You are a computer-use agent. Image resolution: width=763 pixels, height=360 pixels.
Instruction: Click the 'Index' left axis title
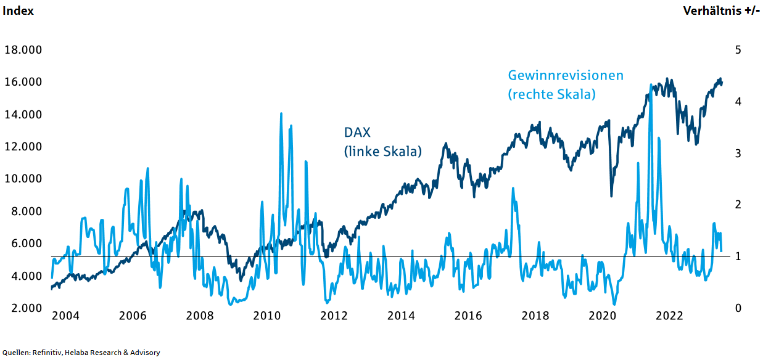pyautogui.click(x=19, y=11)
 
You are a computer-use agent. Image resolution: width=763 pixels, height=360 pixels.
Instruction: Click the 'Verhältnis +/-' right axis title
pyautogui.click(x=721, y=11)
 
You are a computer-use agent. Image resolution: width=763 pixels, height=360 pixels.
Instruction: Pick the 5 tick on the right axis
pyautogui.click(x=738, y=50)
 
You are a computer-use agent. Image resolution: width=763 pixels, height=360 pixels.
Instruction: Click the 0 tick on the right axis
pyautogui.click(x=738, y=308)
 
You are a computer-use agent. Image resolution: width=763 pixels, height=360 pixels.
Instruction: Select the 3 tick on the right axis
pyautogui.click(x=738, y=153)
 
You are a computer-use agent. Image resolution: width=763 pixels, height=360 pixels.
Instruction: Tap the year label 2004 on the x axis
pyautogui.click(x=65, y=316)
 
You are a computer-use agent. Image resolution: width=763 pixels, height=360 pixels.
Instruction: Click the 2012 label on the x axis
pyautogui.click(x=334, y=316)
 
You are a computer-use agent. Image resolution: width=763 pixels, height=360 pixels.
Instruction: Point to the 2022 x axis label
pyautogui.click(x=669, y=316)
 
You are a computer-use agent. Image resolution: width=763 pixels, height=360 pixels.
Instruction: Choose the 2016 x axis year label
pyautogui.click(x=468, y=316)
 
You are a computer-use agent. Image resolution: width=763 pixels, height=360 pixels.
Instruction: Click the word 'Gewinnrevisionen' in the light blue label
pyautogui.click(x=566, y=75)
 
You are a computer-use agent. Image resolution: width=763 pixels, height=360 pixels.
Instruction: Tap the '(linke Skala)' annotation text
pyautogui.click(x=382, y=151)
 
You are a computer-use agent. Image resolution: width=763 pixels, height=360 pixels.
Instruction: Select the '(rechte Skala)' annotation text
pyautogui.click(x=551, y=94)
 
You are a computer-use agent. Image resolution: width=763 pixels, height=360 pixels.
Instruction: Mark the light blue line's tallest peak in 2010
pyautogui.click(x=281, y=114)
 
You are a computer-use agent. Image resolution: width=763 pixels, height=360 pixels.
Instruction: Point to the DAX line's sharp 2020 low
pyautogui.click(x=611, y=195)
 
